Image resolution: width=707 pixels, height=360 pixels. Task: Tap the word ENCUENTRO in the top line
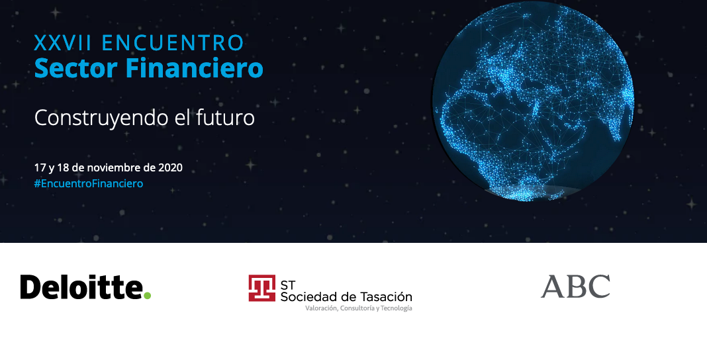click(173, 44)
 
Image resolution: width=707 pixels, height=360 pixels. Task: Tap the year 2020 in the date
click(169, 167)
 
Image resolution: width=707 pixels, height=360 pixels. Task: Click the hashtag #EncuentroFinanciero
click(89, 183)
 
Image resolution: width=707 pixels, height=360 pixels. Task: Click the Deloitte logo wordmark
click(81, 287)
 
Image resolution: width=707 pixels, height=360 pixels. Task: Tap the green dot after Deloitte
click(148, 294)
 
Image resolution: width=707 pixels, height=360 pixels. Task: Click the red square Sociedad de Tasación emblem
click(262, 288)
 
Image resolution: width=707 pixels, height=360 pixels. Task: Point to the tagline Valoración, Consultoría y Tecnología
click(358, 308)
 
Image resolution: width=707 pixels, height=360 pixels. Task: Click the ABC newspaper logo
click(575, 287)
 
